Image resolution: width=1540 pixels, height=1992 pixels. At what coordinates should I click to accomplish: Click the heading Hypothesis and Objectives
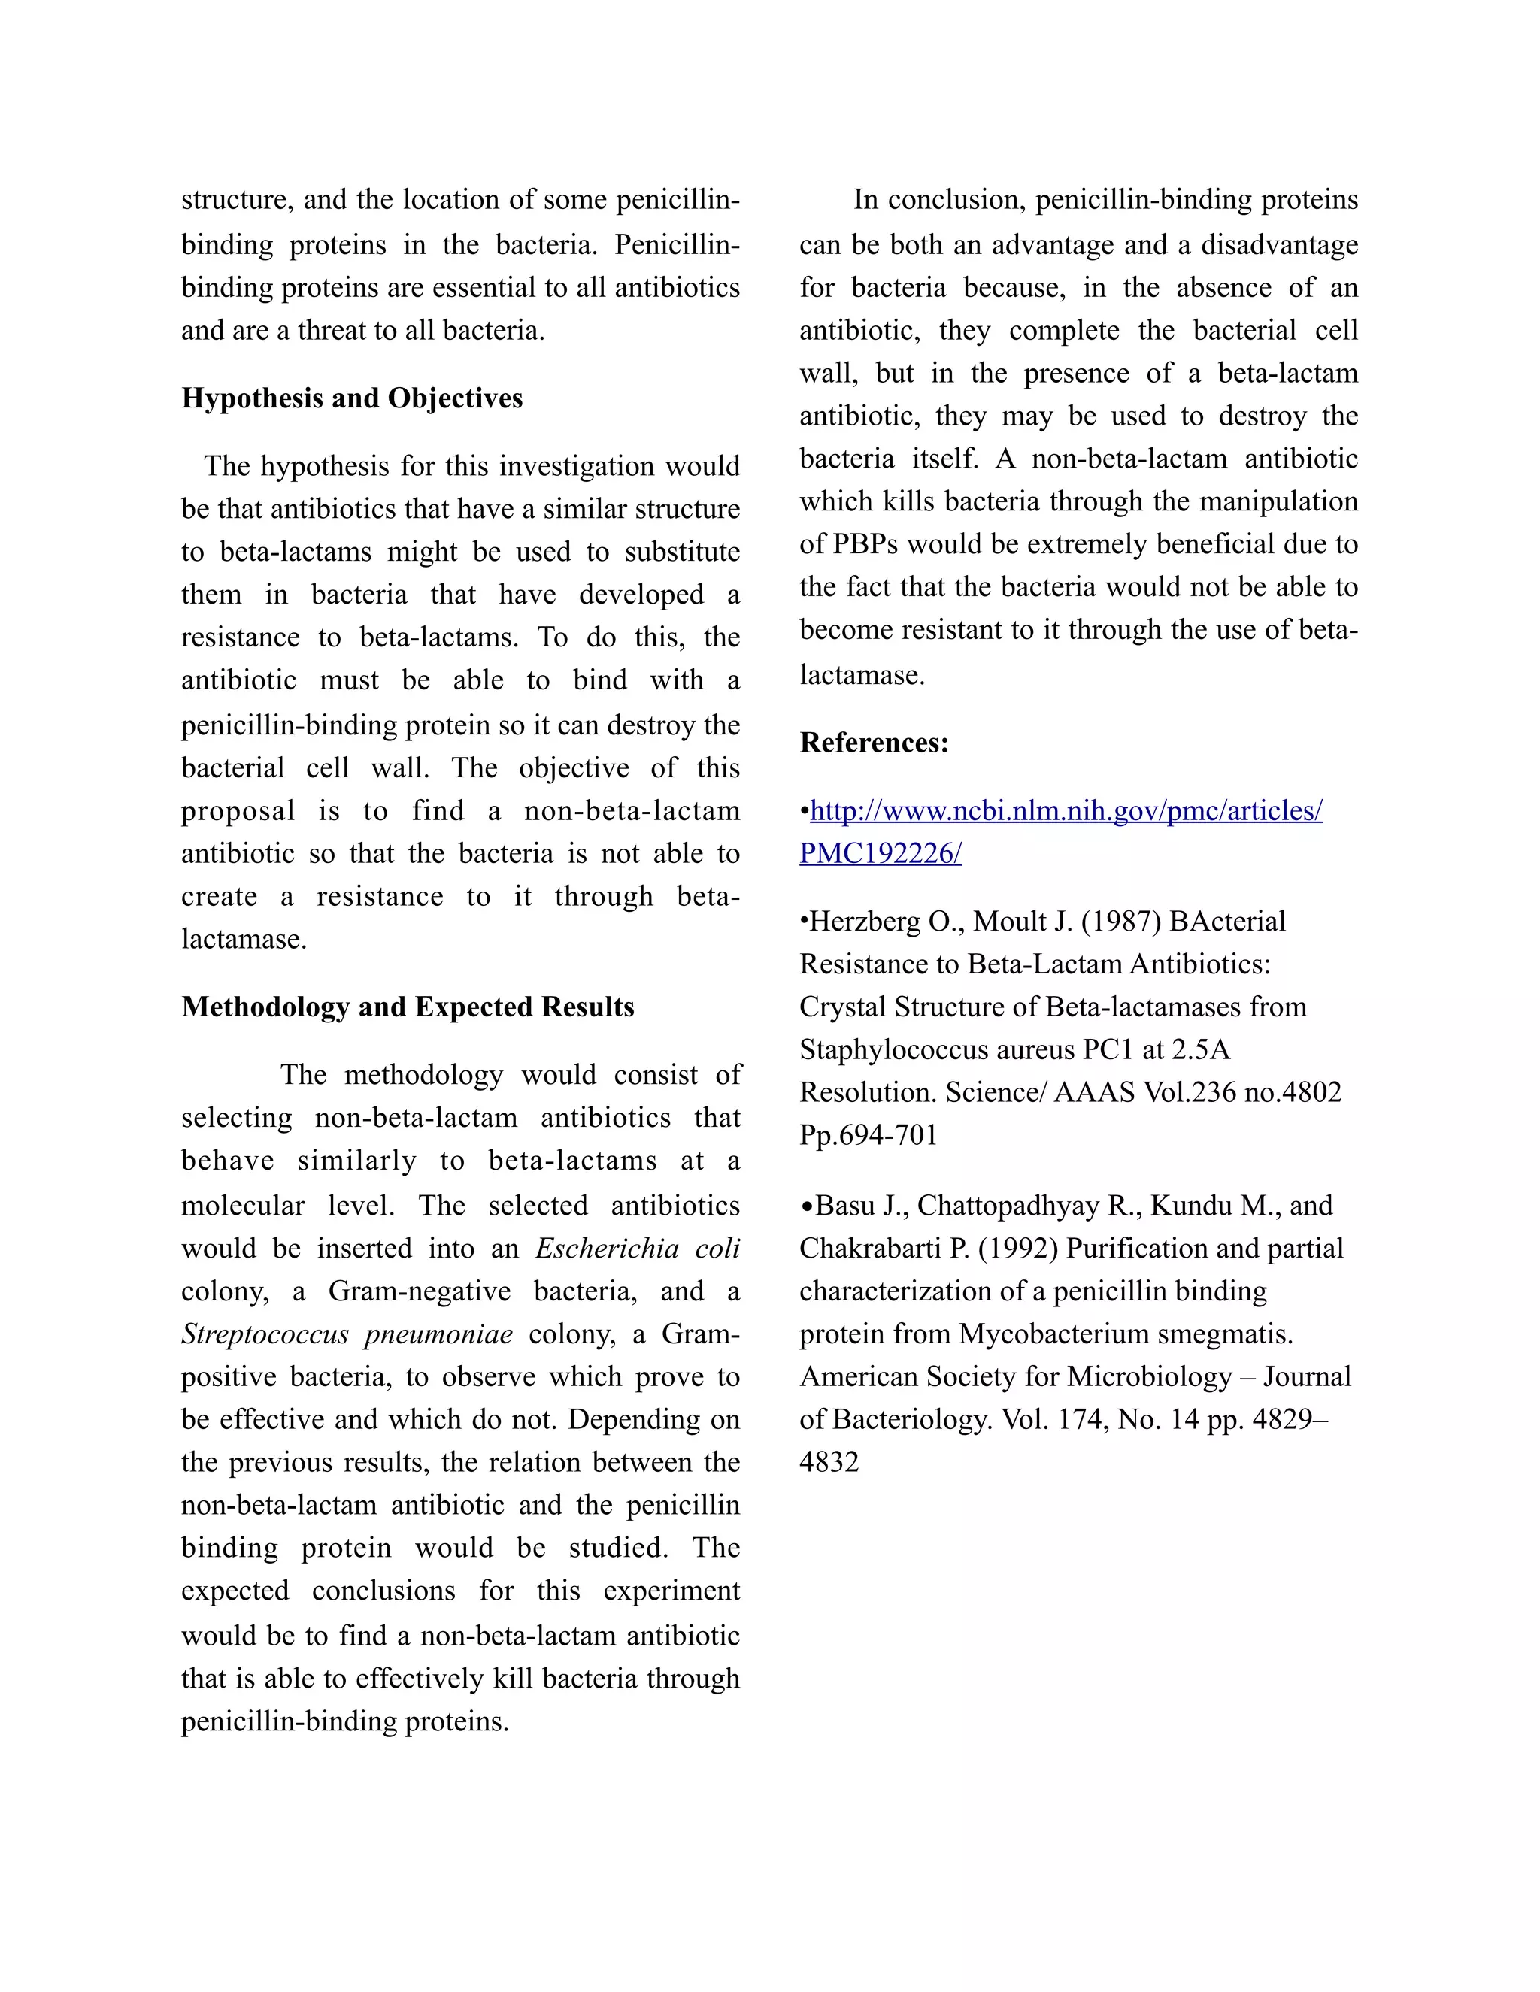[x=352, y=398]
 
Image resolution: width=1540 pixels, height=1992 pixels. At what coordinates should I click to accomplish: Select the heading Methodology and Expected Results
[x=408, y=1007]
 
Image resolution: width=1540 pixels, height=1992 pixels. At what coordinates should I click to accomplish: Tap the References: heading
[x=874, y=743]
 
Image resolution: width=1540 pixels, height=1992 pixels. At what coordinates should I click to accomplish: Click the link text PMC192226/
[x=881, y=854]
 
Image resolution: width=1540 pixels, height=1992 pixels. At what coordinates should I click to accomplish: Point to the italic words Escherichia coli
[x=637, y=1248]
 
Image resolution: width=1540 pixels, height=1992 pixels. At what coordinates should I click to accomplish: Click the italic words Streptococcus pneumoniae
[x=347, y=1334]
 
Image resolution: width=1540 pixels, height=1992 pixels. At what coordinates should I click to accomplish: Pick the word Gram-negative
[x=420, y=1291]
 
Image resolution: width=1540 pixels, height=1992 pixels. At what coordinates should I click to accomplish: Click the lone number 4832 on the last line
[x=829, y=1462]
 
